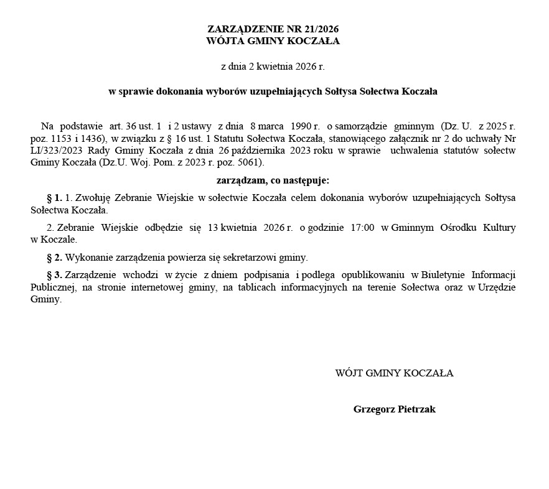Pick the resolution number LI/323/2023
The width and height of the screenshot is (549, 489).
[x=56, y=151]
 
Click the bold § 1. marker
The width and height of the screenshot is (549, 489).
[x=55, y=198]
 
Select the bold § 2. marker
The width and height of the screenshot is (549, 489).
[x=55, y=257]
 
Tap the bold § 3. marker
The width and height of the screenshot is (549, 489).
[x=55, y=274]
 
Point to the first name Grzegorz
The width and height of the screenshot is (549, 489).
[x=373, y=409]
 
